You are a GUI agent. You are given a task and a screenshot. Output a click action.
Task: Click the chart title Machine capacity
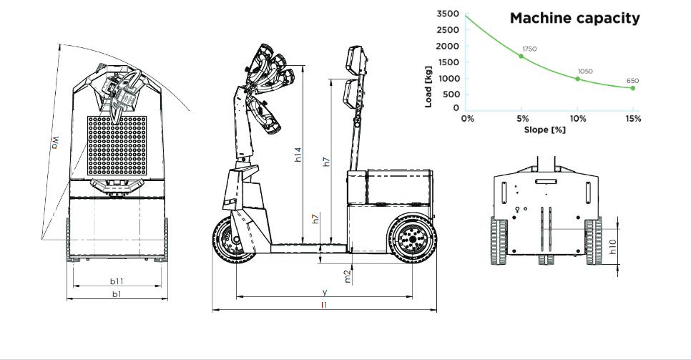574,19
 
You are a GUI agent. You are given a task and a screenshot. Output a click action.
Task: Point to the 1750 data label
529,49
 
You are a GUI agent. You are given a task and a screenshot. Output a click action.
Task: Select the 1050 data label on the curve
585,72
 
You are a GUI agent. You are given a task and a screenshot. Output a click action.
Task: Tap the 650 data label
633,81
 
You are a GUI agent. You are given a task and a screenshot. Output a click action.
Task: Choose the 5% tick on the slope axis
522,118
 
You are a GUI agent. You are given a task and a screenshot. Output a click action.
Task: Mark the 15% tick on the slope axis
632,118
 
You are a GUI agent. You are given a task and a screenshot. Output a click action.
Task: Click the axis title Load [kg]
428,87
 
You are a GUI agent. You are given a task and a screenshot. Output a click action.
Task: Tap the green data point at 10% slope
578,79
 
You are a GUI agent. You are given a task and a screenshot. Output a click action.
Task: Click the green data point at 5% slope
521,56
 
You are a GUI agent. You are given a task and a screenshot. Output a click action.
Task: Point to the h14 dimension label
299,155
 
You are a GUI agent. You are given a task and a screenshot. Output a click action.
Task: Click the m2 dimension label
348,276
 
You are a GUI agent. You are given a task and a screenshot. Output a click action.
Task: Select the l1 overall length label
324,305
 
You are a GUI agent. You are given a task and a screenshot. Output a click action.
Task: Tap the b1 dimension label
116,294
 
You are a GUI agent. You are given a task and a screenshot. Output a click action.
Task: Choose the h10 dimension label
612,247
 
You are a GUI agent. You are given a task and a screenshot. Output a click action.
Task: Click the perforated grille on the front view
117,147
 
